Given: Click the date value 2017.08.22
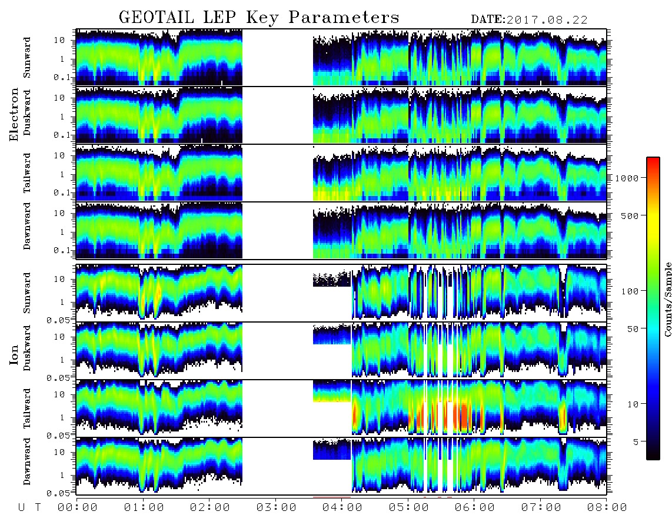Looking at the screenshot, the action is [x=547, y=20].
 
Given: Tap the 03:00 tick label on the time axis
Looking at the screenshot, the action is [x=276, y=507].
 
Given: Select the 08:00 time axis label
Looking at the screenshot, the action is [x=607, y=507].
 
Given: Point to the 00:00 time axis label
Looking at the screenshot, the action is [x=78, y=507].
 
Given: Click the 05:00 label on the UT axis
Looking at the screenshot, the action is [x=408, y=507].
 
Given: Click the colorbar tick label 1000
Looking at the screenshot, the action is [x=627, y=178].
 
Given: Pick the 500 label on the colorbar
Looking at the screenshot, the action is [x=630, y=215].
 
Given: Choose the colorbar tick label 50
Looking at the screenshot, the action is [x=633, y=329].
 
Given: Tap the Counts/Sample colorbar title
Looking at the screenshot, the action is [x=667, y=300].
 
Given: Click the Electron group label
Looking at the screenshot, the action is [x=14, y=114].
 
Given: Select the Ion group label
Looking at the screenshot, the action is [x=14, y=355].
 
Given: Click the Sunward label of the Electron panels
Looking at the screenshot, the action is [x=27, y=58].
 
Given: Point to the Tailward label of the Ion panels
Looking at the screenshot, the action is [x=27, y=409].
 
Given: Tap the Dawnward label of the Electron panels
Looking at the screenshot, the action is [x=27, y=225].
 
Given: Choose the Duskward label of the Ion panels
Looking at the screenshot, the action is [x=27, y=348].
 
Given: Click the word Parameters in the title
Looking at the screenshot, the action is [x=344, y=17].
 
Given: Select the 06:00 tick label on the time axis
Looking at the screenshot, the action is [x=474, y=507].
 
